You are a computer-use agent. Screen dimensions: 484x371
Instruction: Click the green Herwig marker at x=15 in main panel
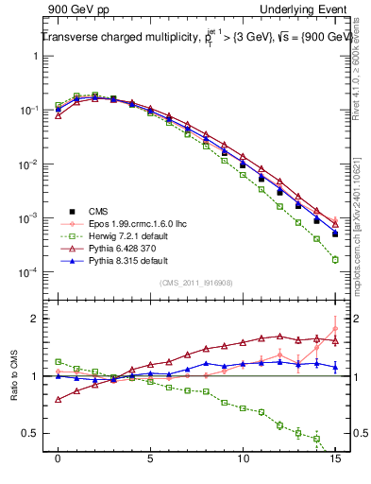pos(335,259)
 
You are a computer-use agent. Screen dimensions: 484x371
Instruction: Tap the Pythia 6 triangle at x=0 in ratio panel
pos(59,400)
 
